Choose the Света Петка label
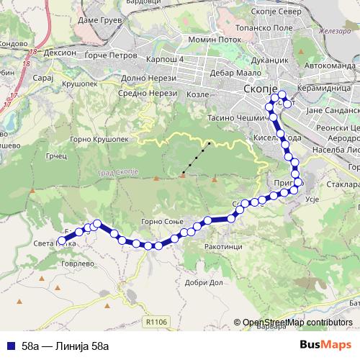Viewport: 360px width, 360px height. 53,243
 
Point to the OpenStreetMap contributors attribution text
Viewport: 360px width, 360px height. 297,323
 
